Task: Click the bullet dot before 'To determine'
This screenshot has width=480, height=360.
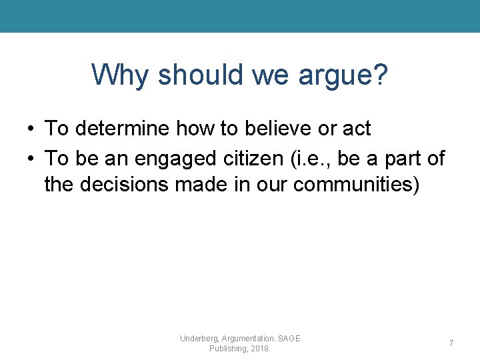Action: pos(31,128)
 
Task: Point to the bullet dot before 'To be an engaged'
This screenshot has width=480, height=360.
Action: pos(31,159)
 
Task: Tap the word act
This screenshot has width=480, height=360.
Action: pos(353,127)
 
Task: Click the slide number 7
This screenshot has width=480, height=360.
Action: pos(451,343)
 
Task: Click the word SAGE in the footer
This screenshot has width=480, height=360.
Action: pos(289,339)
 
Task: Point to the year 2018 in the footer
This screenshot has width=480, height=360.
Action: pos(259,349)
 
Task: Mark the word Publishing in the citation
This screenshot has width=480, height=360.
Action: pos(227,349)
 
